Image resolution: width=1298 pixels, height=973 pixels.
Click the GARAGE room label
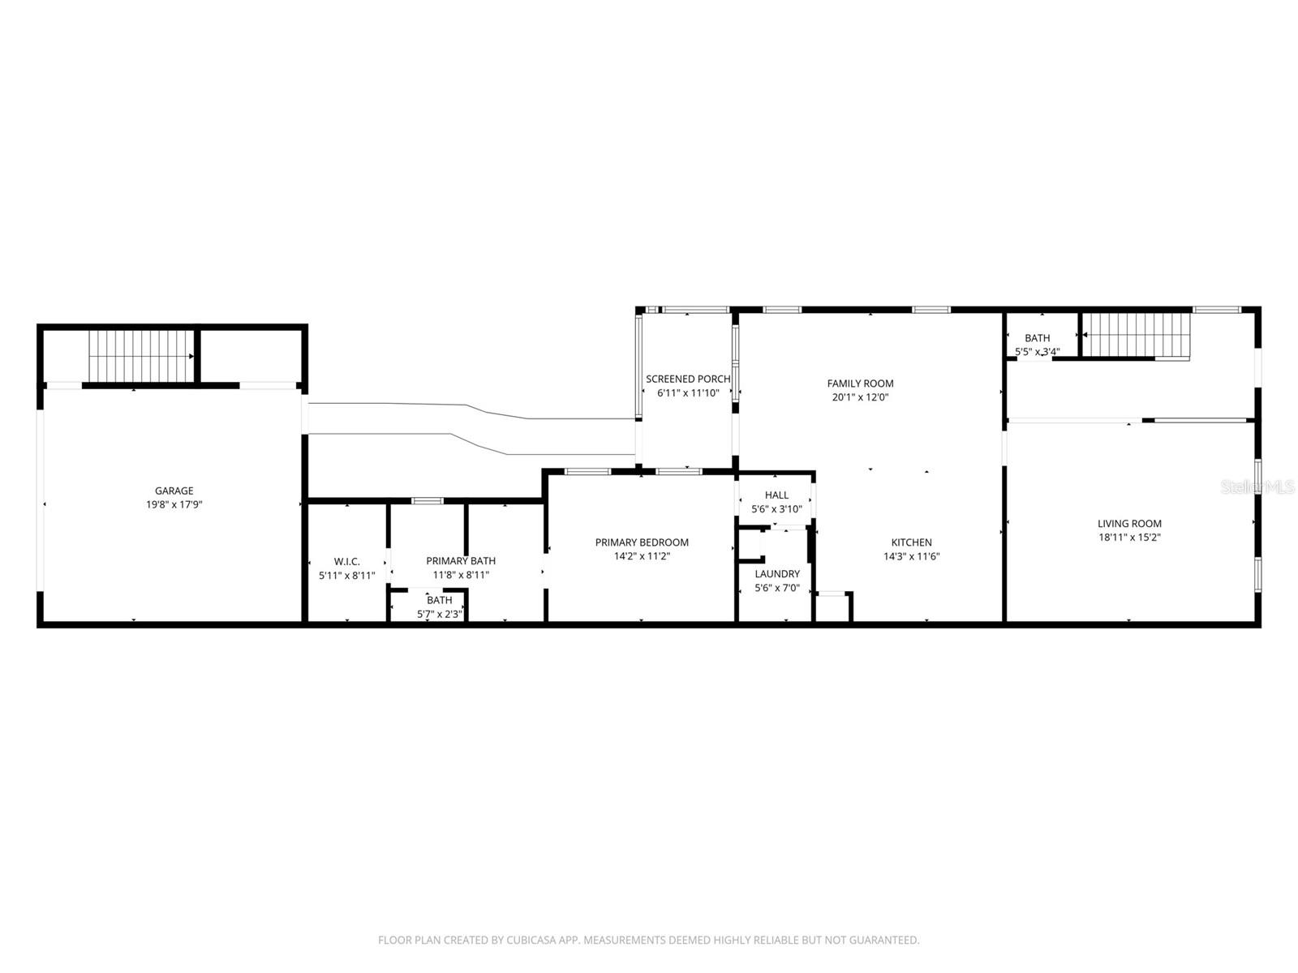coord(174,491)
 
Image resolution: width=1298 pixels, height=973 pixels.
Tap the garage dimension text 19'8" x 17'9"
coord(174,504)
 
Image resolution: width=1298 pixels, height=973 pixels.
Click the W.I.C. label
coord(346,561)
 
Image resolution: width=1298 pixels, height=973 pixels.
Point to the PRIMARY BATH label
coord(461,560)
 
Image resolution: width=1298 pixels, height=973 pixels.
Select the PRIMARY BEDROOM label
coord(642,542)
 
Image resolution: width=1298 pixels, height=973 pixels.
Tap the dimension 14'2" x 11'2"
coord(642,556)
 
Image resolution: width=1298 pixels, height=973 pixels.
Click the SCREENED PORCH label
coord(688,379)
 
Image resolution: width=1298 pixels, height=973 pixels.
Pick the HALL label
coord(776,495)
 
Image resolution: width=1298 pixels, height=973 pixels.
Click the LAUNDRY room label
coord(777,574)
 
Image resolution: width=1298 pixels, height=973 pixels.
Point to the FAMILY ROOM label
coord(860,384)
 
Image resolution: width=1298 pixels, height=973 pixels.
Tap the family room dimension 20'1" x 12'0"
coord(860,397)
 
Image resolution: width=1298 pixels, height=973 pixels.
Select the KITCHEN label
coord(911,542)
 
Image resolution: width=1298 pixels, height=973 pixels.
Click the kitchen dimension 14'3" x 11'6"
coord(911,556)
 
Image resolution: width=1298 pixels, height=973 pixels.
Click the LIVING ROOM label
coord(1129,524)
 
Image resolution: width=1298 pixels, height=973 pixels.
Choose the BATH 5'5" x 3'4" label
coord(1037,338)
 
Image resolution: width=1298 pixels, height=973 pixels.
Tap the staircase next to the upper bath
coord(1136,334)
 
